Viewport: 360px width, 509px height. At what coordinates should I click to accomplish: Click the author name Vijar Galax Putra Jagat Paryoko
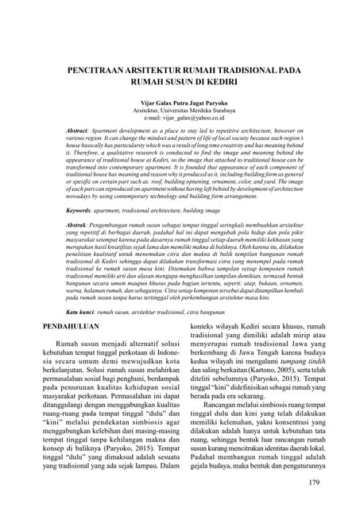click(180, 103)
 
